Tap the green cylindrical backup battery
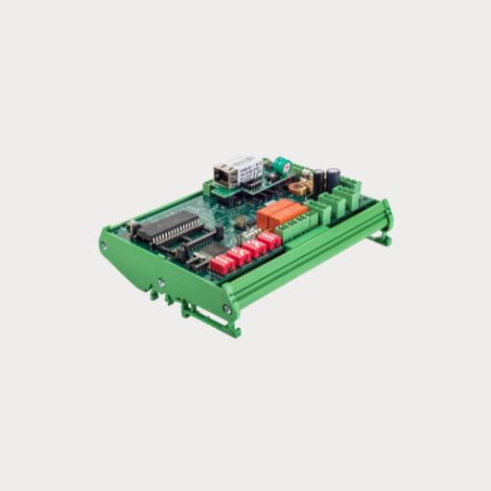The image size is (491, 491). click(x=283, y=165)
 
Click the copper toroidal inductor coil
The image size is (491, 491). click(x=305, y=176)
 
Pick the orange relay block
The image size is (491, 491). click(x=281, y=213)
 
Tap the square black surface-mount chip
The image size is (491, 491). click(x=208, y=250)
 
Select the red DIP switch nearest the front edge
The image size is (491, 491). click(x=222, y=265)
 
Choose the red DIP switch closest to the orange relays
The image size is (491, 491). click(x=269, y=240)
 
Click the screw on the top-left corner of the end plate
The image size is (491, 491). click(x=104, y=246)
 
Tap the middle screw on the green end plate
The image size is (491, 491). click(x=162, y=284)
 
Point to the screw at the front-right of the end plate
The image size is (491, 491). click(x=226, y=309)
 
